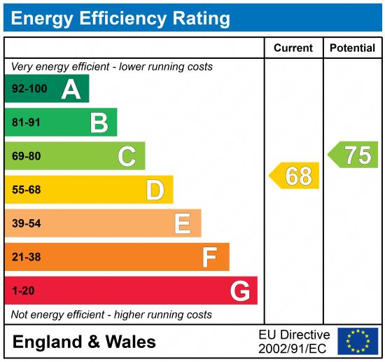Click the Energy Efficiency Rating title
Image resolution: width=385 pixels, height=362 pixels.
point(120,18)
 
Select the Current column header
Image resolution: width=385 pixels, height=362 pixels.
point(293,48)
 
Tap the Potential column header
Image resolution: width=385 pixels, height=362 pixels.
point(352,48)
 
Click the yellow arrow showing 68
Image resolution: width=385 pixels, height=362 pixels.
point(295,176)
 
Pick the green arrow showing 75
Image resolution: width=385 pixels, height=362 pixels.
point(354,155)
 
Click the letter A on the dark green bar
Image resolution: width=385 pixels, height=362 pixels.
point(71,89)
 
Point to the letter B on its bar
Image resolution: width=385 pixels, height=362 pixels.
point(99,123)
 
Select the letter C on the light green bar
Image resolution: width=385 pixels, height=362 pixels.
point(127,156)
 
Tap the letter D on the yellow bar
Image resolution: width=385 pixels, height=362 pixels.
point(155,190)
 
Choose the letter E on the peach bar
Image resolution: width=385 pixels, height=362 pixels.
point(183,223)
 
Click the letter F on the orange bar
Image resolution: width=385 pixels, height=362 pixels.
point(210,257)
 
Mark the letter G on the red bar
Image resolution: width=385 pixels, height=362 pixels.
point(240,291)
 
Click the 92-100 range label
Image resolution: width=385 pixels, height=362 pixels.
point(29,90)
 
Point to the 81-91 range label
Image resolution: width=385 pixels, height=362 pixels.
point(27,123)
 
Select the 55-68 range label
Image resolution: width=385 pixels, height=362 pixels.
point(27,190)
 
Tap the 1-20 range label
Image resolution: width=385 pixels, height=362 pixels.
point(22,291)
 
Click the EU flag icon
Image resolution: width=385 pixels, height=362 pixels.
point(358,341)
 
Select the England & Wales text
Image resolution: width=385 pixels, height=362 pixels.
point(84,342)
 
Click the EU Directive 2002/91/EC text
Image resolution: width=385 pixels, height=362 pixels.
point(294,341)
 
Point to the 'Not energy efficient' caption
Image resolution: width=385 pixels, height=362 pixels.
point(111,314)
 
